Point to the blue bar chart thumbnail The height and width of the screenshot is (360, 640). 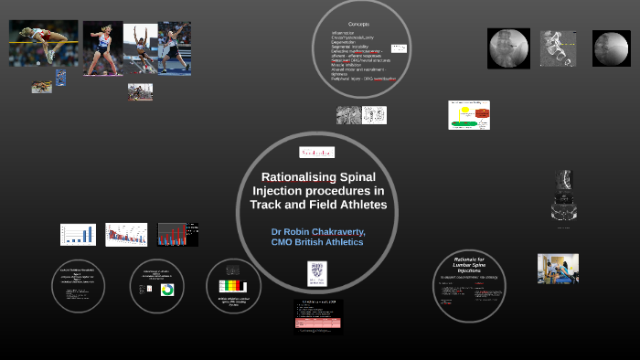pos(78,235)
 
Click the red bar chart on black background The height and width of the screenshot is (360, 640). pos(177,235)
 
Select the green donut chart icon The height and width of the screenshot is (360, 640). pos(167,289)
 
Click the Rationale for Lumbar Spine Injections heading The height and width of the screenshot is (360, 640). pos(467,267)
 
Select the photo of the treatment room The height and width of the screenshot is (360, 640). pos(557,269)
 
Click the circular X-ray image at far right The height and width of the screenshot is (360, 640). pos(611,48)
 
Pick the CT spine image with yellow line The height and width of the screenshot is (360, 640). pos(508,48)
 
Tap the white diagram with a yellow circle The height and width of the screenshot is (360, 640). pos(468,115)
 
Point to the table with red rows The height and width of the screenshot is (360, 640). pos(318,316)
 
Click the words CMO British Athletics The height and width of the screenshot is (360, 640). pos(318,243)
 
